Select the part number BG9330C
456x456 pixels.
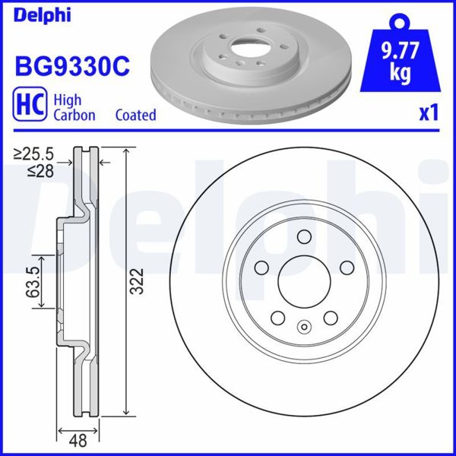pos(72,66)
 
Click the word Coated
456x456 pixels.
pos(135,115)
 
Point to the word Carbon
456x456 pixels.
pos(74,115)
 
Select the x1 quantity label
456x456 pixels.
pos(429,113)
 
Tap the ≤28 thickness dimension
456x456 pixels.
pos(39,172)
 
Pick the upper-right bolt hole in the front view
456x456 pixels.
pos(347,267)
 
